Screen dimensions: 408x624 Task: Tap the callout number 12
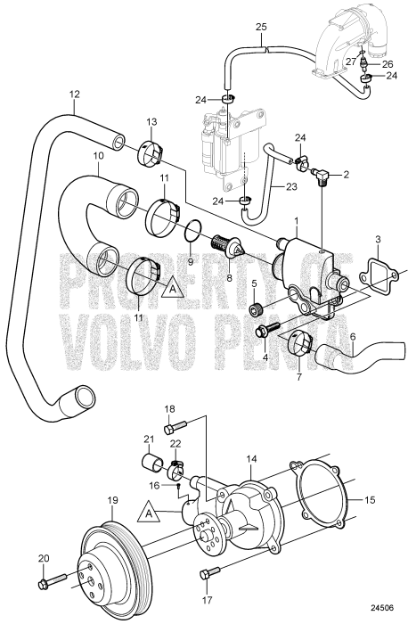click(74, 94)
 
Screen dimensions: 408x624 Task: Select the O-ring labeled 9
click(193, 230)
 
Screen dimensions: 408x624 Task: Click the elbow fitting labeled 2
click(321, 176)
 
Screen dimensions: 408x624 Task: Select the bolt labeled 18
click(175, 427)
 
